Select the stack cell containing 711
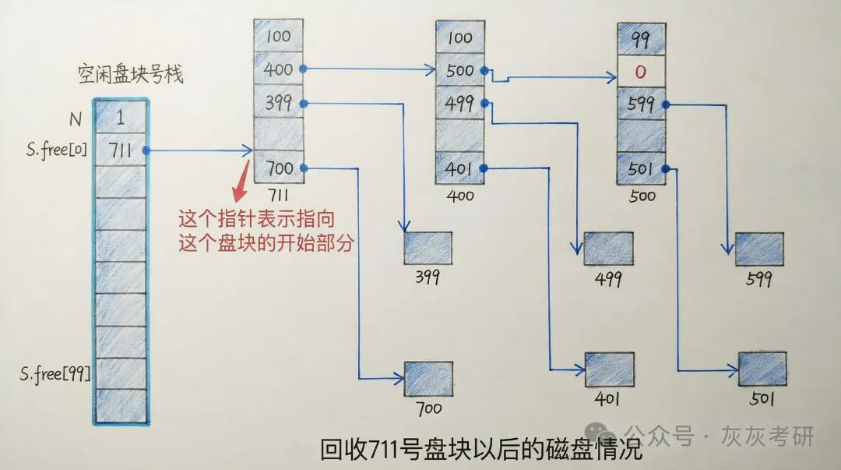point(120,150)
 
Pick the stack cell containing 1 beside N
point(120,118)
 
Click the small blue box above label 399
point(428,248)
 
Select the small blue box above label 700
point(428,379)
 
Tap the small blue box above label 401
point(610,370)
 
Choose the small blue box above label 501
point(762,369)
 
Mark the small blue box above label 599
point(759,249)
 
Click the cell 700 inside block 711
point(278,168)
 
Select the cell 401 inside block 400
point(460,168)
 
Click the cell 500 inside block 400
point(460,70)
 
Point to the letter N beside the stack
point(76,118)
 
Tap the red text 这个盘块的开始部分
point(266,242)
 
